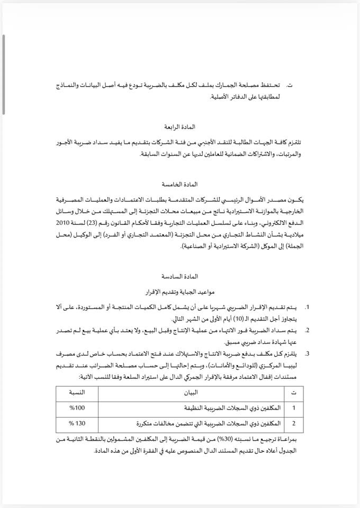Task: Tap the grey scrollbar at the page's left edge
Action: coord(4,74)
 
